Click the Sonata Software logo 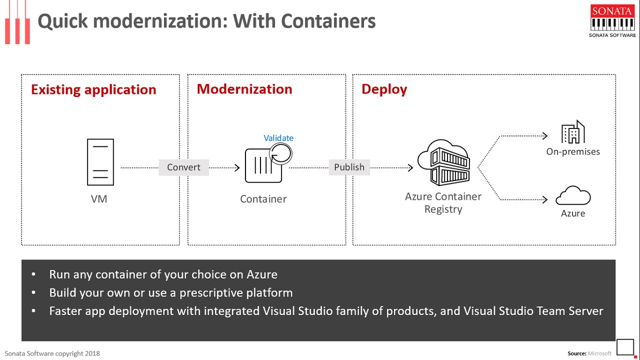click(x=612, y=21)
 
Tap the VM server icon click(x=100, y=162)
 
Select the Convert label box click(x=183, y=167)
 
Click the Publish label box click(x=349, y=167)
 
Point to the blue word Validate click(x=278, y=138)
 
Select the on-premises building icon click(x=573, y=132)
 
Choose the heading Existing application click(x=93, y=90)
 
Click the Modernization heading click(x=244, y=89)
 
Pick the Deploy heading click(x=384, y=89)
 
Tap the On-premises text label click(x=573, y=151)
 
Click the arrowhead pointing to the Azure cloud click(x=545, y=199)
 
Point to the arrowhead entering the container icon click(x=237, y=167)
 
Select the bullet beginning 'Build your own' click(x=170, y=292)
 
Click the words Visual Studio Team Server click(x=533, y=311)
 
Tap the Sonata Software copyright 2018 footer click(x=52, y=353)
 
